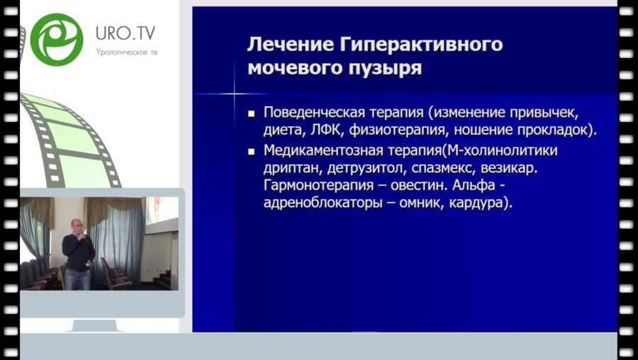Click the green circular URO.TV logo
click(x=57, y=39)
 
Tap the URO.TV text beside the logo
click(x=125, y=33)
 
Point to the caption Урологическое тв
click(x=125, y=51)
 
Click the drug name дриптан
click(x=291, y=169)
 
